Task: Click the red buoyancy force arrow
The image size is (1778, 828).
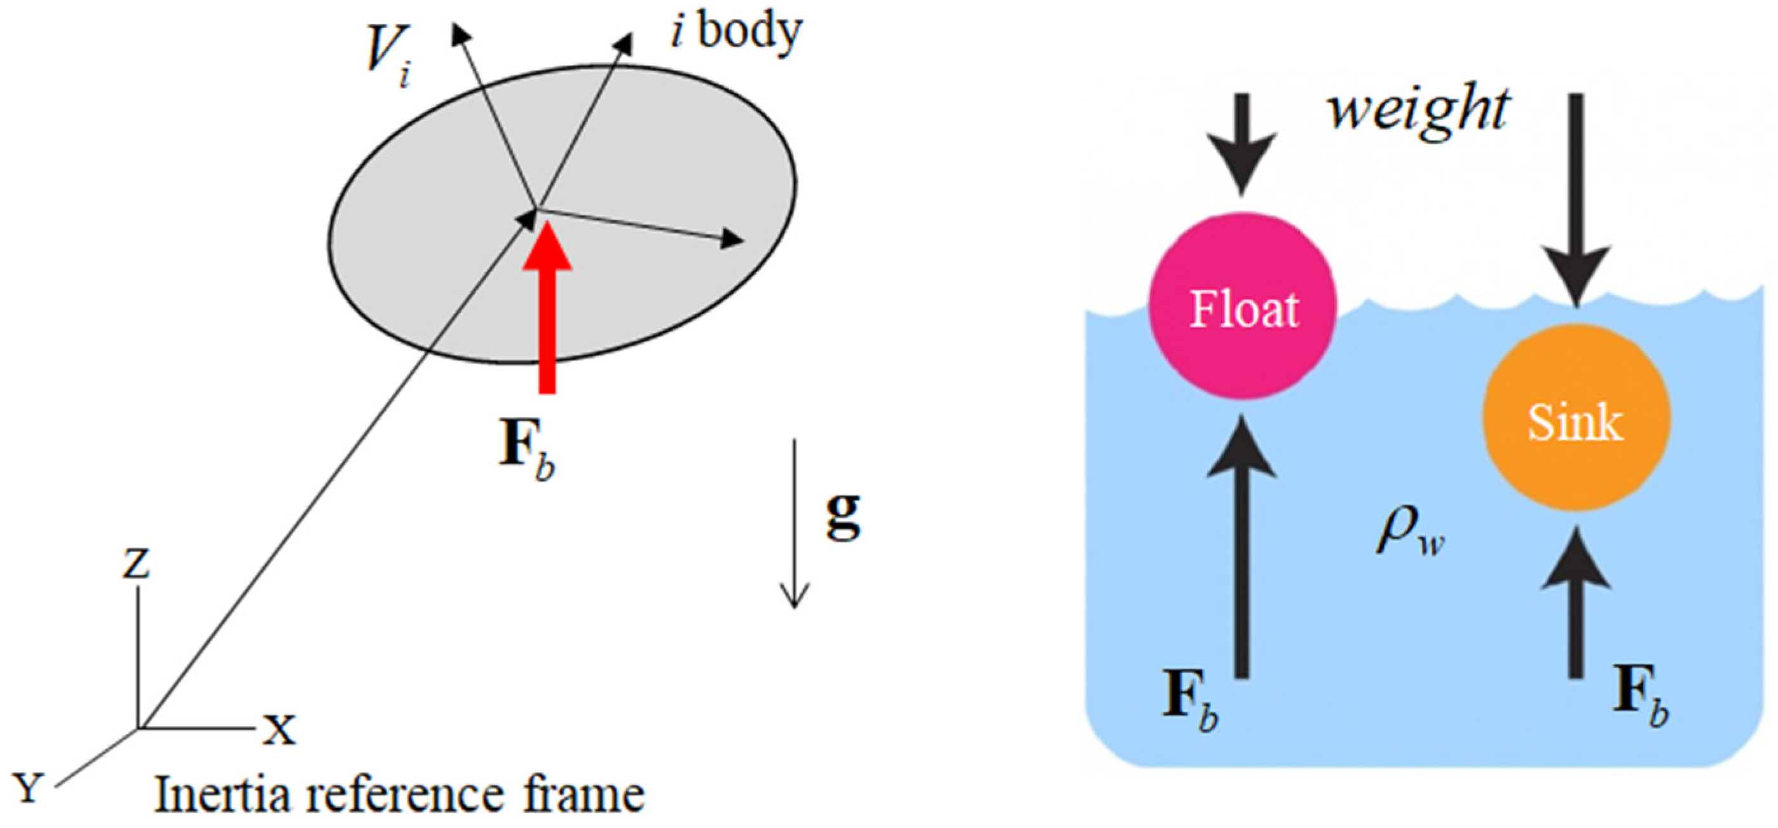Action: (547, 311)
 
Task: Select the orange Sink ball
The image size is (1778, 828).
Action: (1576, 418)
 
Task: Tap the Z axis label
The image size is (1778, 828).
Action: (136, 563)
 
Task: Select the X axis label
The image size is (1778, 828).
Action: (279, 729)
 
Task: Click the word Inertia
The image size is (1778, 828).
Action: (221, 795)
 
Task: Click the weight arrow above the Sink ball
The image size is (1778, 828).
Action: (1576, 207)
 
